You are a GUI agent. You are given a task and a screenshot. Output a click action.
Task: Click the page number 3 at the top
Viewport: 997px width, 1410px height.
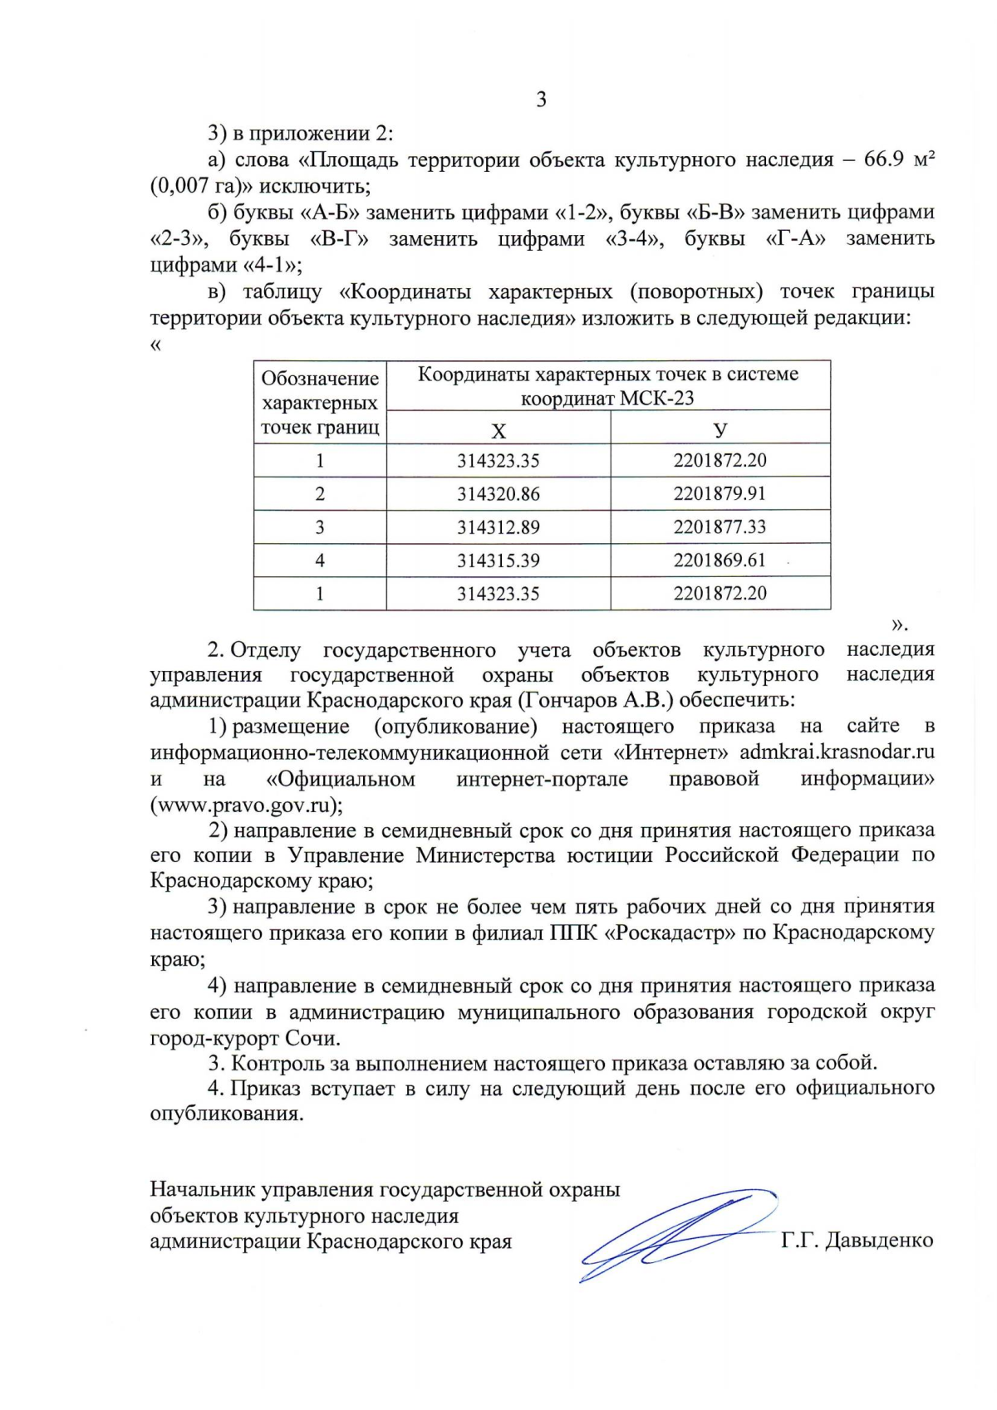coord(542,100)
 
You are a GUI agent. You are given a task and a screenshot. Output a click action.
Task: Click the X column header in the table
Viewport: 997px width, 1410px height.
coord(498,430)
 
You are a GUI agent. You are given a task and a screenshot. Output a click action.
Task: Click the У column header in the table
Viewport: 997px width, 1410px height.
coord(720,430)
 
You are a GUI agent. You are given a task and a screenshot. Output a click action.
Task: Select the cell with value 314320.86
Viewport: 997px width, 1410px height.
coord(498,494)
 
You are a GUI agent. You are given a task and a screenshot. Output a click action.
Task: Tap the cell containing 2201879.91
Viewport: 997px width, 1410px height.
coord(720,493)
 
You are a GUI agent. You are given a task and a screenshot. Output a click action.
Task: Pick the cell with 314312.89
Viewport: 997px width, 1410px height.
coord(498,527)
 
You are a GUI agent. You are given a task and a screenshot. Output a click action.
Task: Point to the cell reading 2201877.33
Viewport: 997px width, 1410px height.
coord(720,526)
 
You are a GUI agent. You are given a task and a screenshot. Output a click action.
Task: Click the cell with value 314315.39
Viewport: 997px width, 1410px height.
coord(498,561)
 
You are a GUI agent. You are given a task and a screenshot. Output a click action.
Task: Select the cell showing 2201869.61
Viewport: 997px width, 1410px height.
coord(720,560)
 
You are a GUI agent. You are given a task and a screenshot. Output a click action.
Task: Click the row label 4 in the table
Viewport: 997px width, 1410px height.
coord(320,561)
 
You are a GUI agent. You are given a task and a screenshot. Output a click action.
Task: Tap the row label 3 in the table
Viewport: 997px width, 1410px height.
coord(320,527)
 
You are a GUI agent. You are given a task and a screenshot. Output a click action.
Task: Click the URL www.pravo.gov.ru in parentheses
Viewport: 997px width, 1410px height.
coord(245,805)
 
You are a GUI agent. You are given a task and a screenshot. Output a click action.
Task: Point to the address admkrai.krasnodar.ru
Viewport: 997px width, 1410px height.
coord(837,752)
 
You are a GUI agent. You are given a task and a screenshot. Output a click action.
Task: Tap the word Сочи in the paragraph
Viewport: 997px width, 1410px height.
coord(312,1038)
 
